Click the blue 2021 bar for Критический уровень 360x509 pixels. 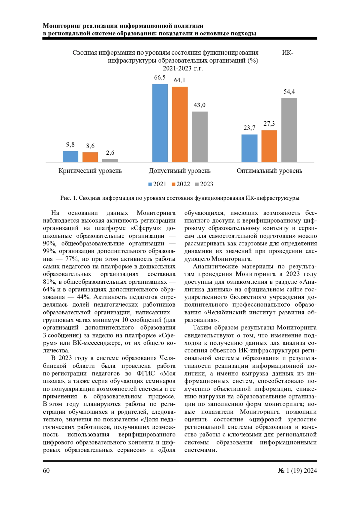[70, 157]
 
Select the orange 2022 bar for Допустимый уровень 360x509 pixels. [180, 124]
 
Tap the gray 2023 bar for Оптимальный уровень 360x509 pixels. [289, 130]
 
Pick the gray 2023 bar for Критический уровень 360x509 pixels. [110, 160]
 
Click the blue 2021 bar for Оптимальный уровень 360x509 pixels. [249, 148]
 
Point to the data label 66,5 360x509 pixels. [160, 78]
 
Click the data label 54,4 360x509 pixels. [289, 92]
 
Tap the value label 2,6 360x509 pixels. [110, 153]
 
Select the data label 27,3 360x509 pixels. [269, 124]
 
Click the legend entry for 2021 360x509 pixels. [157, 184]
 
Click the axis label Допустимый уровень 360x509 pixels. [180, 171]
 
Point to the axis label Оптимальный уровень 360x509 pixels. [269, 171]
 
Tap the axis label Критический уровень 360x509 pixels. [90, 171]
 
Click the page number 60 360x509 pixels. [46, 471]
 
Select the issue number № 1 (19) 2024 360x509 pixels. [297, 471]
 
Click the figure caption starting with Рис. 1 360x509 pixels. [180, 198]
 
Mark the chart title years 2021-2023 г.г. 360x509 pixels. [183, 68]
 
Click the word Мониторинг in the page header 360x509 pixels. [61, 26]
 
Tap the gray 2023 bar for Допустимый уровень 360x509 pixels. [200, 137]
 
